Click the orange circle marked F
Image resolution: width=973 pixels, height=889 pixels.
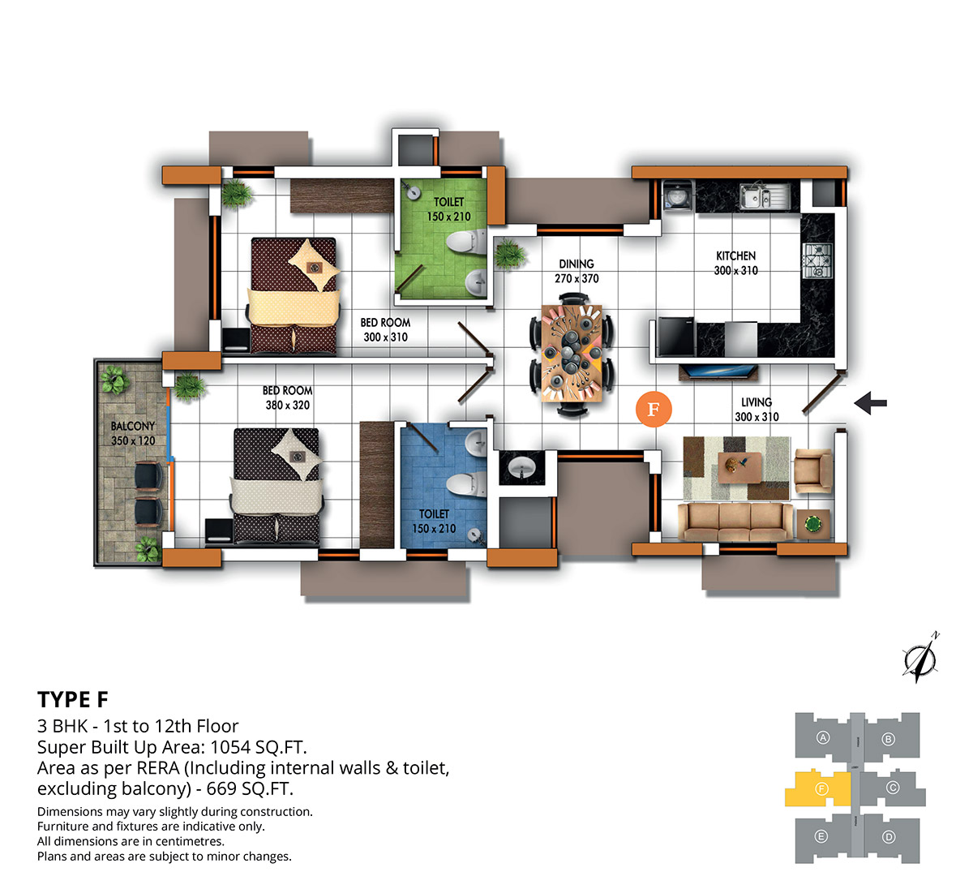pyautogui.click(x=654, y=409)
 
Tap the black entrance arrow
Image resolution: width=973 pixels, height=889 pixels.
pyautogui.click(x=870, y=403)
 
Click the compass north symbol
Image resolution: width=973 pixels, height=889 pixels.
pyautogui.click(x=919, y=659)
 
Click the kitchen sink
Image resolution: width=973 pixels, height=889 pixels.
pyautogui.click(x=764, y=196)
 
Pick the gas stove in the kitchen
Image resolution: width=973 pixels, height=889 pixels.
pyautogui.click(x=818, y=260)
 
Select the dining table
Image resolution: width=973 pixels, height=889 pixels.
pyautogui.click(x=572, y=353)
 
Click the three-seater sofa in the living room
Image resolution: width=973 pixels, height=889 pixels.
pyautogui.click(x=735, y=522)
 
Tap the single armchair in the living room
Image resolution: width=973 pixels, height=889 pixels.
pyautogui.click(x=813, y=470)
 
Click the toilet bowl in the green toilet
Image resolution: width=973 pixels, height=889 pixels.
pyautogui.click(x=465, y=242)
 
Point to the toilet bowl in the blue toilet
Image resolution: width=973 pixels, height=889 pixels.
pyautogui.click(x=466, y=485)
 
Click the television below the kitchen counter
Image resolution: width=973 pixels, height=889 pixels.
pyautogui.click(x=718, y=371)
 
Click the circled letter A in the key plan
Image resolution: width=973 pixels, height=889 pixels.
pyautogui.click(x=823, y=737)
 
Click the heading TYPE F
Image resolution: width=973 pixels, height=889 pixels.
pyautogui.click(x=73, y=699)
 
